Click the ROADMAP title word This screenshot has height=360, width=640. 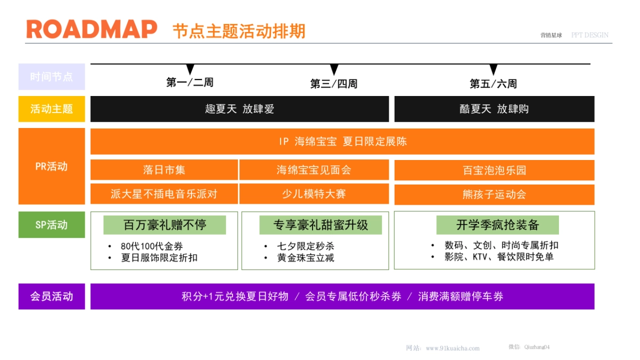pos(92,29)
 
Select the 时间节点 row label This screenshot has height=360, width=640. pos(51,77)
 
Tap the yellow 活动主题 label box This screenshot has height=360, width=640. pos(51,109)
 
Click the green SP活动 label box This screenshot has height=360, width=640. pos(51,225)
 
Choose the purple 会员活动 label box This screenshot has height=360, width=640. pos(51,296)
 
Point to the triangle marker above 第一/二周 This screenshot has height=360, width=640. pos(190,69)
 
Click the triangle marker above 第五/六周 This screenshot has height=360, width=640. pos(493,69)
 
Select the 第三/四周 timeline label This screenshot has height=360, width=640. pos(334,84)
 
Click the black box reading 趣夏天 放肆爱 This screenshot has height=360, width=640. pos(239,109)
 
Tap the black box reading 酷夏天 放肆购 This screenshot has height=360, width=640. pos(494,109)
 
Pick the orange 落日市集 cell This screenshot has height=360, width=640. pos(164,170)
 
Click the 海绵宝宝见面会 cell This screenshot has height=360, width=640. pos(314,170)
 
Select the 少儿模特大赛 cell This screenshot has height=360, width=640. pos(314,194)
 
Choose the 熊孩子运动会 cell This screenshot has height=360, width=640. pos(494,194)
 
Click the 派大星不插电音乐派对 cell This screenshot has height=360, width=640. pos(164,194)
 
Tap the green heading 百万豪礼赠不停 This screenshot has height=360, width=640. pos(164,225)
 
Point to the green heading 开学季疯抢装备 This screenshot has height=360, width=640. pos(497,225)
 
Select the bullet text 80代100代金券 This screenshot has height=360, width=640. pos(151,246)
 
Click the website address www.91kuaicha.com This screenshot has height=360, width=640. pos(452,348)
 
